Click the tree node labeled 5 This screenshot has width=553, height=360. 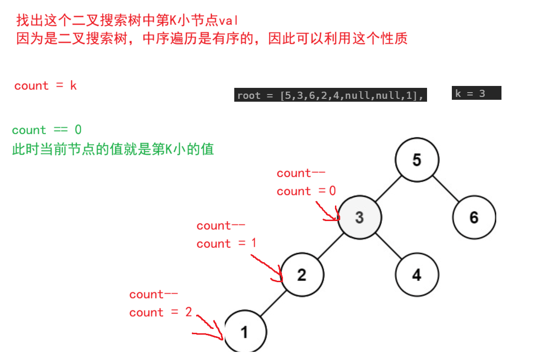(417, 160)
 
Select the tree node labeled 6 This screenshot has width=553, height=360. (474, 218)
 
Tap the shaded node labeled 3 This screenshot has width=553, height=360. (360, 218)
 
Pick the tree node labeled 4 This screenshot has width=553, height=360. (417, 275)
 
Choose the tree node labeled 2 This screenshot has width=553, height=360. (302, 275)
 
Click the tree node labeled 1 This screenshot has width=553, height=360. (245, 332)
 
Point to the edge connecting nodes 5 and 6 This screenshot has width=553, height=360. (445, 189)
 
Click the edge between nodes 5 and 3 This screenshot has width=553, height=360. (388, 189)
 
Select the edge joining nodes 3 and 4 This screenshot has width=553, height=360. (388, 246)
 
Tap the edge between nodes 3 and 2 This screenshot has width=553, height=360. (331, 246)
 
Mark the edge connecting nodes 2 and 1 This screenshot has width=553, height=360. (273, 304)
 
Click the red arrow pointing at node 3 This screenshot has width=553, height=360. (328, 212)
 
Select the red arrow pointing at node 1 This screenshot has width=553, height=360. (210, 329)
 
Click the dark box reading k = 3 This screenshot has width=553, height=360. (476, 93)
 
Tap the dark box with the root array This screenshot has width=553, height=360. (330, 95)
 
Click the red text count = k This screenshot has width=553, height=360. (45, 86)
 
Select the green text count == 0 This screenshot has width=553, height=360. (47, 130)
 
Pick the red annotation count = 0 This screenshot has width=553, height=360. (306, 191)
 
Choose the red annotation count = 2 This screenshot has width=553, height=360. (160, 313)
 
